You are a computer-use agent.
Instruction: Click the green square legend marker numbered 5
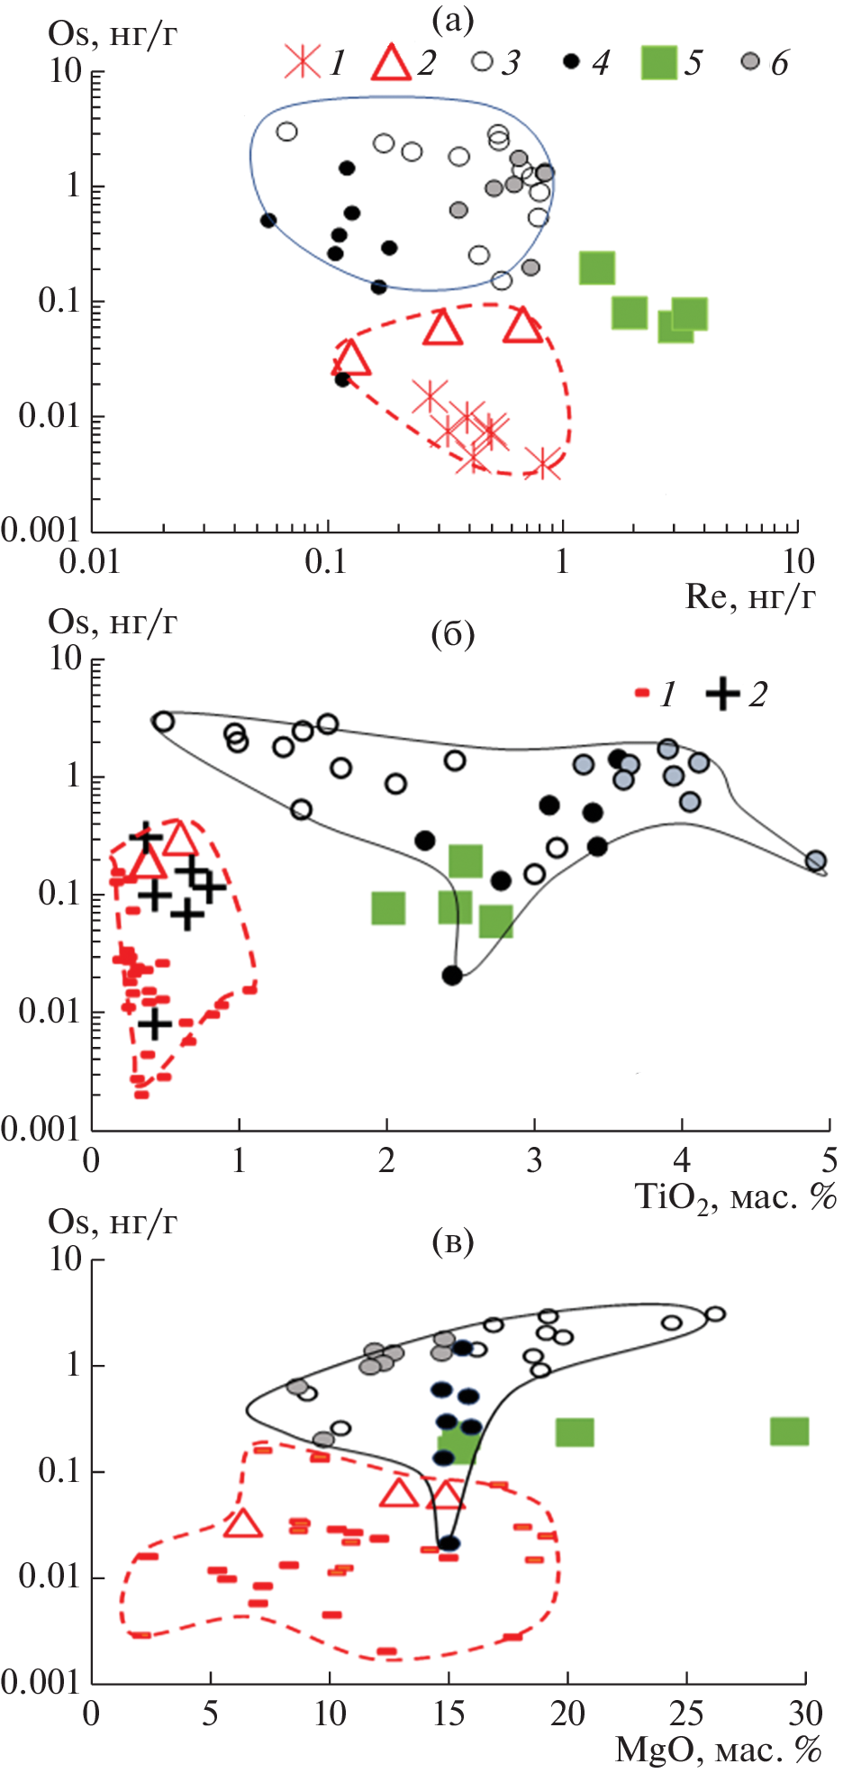click(x=658, y=63)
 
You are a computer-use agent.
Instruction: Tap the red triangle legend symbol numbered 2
click(x=391, y=63)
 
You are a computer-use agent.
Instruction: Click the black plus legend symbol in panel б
click(x=722, y=694)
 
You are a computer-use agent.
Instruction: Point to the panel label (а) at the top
click(x=452, y=20)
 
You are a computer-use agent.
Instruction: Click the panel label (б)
click(x=452, y=634)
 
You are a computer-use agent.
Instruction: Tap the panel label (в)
click(x=452, y=1241)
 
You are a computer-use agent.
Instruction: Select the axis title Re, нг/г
click(x=750, y=596)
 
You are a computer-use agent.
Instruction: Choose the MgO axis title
click(x=719, y=1749)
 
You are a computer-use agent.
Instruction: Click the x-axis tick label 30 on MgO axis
click(x=805, y=1712)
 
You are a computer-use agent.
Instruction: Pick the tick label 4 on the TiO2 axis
click(x=682, y=1159)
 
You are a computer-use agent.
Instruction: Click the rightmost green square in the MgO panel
click(x=789, y=1431)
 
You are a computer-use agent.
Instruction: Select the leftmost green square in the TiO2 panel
click(x=388, y=908)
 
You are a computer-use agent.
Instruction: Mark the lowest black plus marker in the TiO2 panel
click(x=155, y=1023)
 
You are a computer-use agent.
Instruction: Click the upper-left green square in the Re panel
click(x=597, y=268)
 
